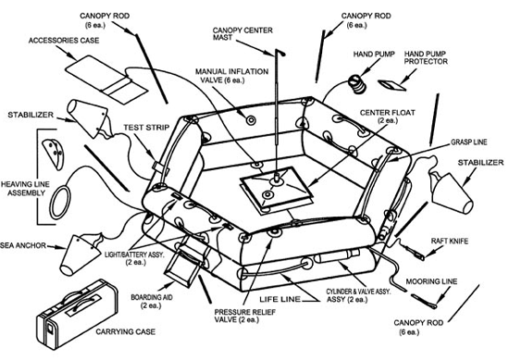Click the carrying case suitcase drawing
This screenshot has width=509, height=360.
pyautogui.click(x=77, y=315)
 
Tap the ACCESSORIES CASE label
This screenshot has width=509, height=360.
pyautogui.click(x=64, y=41)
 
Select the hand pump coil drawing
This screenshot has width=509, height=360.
pyautogui.click(x=357, y=84)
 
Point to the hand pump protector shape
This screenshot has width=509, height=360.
pyautogui.click(x=391, y=85)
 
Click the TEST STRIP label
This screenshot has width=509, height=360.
pyautogui.click(x=146, y=128)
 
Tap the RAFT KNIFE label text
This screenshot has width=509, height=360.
pyautogui.click(x=450, y=242)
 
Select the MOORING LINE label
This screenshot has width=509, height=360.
pyautogui.click(x=431, y=281)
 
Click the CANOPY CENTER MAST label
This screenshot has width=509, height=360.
pyautogui.click(x=242, y=33)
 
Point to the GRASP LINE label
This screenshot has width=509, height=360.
pyautogui.click(x=469, y=142)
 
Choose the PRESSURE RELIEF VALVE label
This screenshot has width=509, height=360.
pyautogui.click(x=244, y=316)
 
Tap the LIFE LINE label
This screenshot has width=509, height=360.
pyautogui.click(x=279, y=299)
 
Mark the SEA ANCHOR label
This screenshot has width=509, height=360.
pyautogui.click(x=23, y=245)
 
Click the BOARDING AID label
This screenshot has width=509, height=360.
pyautogui.click(x=152, y=301)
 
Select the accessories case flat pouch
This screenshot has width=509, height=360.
pyautogui.click(x=106, y=80)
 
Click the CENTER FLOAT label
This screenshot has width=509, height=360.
pyautogui.click(x=388, y=117)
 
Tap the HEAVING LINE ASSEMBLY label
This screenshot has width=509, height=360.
pyautogui.click(x=25, y=189)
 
